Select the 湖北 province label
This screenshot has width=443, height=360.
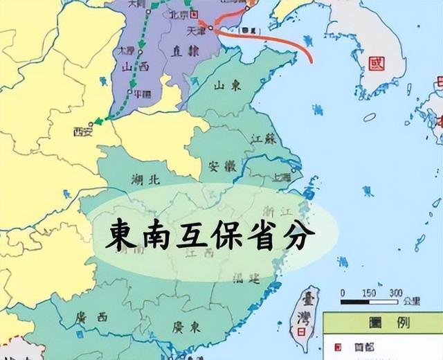pos(145,179)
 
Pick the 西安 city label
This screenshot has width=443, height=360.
pos(83,132)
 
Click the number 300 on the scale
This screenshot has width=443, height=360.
pos(395,293)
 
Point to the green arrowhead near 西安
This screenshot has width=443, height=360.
pos(99,121)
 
